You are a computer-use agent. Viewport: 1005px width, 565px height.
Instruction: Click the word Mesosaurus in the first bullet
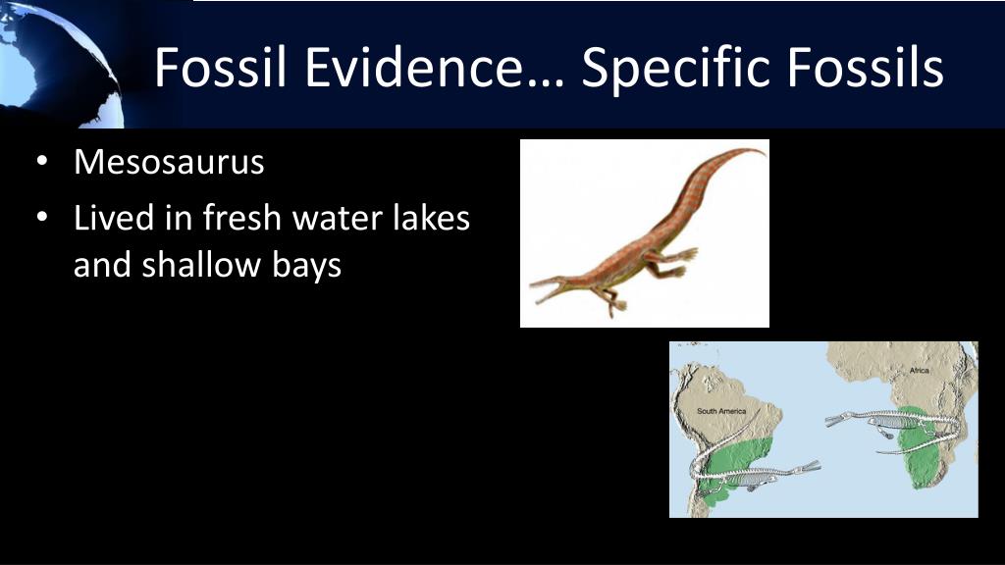tap(169, 162)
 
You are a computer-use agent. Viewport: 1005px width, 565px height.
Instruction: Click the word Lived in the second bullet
tap(109, 218)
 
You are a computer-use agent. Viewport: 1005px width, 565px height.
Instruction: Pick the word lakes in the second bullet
tap(435, 218)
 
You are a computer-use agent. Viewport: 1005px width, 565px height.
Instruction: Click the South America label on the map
tap(721, 411)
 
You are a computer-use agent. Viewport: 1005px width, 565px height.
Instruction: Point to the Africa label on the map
tap(919, 371)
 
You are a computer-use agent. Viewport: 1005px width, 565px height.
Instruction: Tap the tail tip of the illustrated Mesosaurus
tap(760, 151)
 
